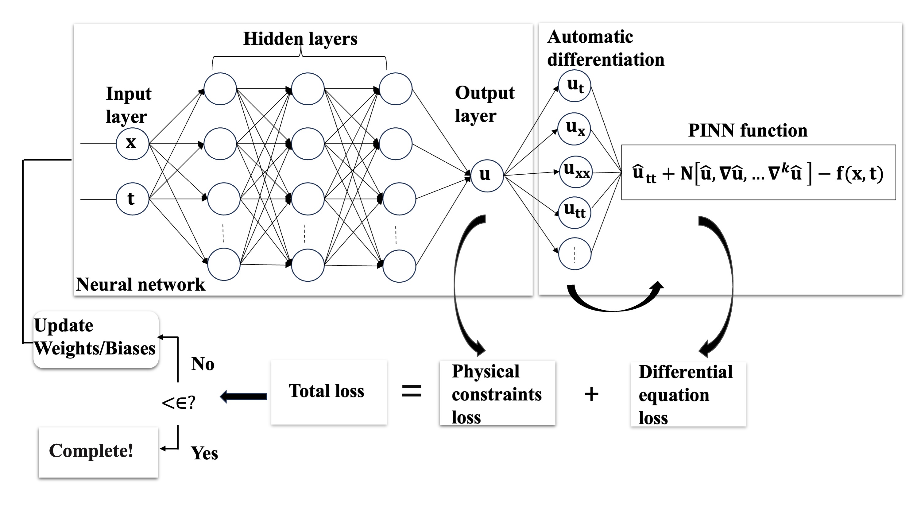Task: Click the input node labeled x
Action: point(132,144)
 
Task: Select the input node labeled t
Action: point(132,199)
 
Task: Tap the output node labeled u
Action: point(487,176)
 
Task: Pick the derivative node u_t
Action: point(574,86)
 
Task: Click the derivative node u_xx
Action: point(575,172)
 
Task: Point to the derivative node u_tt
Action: point(574,212)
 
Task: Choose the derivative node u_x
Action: point(574,129)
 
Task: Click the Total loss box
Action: point(329,392)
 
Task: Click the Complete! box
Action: point(98,451)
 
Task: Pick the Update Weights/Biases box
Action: point(95,339)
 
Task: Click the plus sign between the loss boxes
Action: point(591,394)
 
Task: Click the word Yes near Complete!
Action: point(204,453)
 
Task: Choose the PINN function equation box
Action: point(758,172)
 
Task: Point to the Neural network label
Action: point(141,284)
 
